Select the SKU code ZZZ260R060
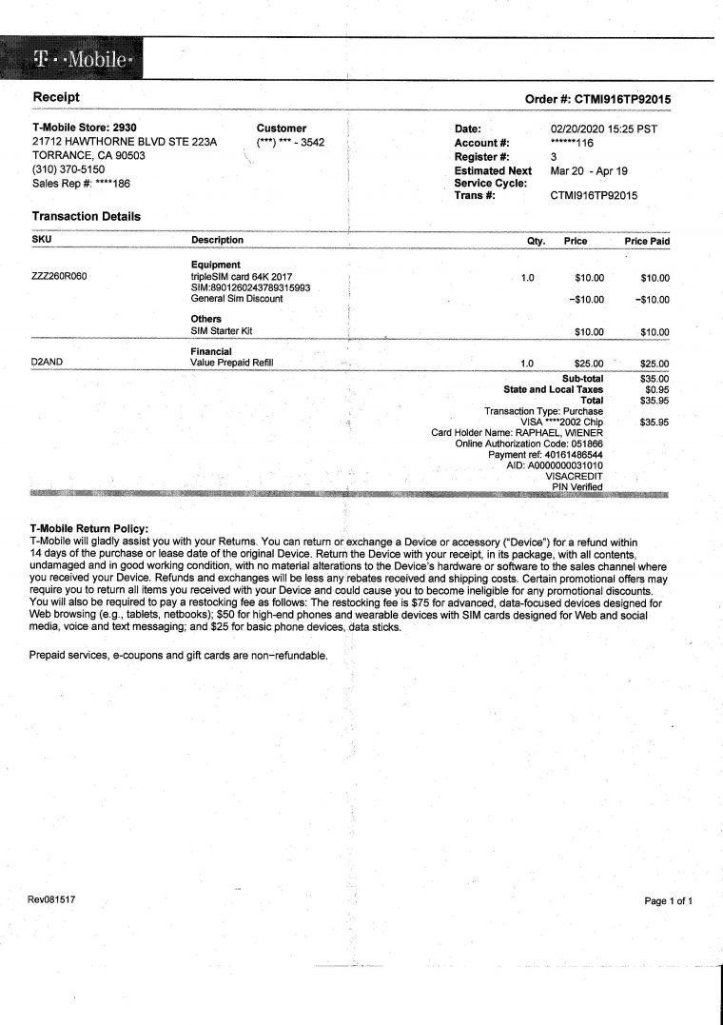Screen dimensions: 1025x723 63,278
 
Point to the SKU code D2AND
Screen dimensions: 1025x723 47,363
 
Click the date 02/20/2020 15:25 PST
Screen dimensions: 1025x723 604,128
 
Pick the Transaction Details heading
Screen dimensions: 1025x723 87,216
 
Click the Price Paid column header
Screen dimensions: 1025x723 647,241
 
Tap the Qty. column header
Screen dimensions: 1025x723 536,241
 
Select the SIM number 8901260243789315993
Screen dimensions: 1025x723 263,287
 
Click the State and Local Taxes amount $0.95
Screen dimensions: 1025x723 656,389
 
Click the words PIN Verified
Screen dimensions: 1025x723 577,487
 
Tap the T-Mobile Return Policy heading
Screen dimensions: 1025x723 89,529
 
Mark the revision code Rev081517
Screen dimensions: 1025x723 52,898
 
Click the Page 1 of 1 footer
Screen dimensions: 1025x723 674,900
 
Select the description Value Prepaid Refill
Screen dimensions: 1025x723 232,363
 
